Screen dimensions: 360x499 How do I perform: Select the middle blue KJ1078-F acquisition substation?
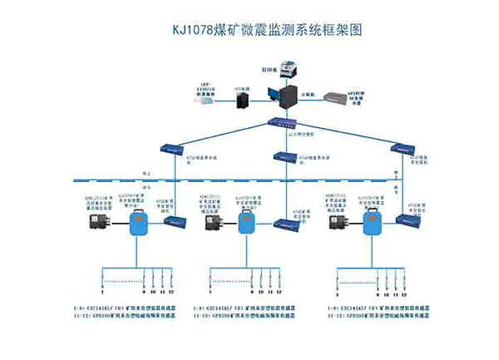[247, 221]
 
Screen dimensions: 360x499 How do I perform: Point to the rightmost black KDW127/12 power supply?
[339, 222]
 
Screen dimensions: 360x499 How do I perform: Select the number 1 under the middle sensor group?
[219, 292]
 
